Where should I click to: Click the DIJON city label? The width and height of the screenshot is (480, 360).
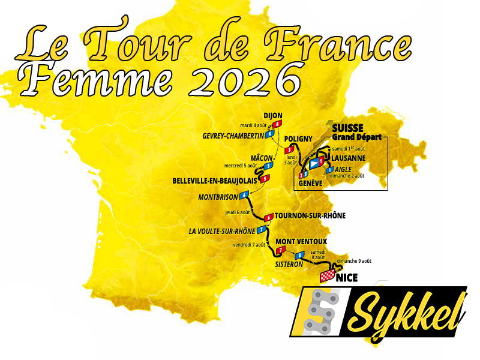click(272, 116)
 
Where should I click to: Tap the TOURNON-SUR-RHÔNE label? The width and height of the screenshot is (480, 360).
click(310, 216)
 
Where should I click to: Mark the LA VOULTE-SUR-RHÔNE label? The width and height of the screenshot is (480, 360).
click(221, 231)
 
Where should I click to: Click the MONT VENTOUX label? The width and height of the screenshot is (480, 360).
click(301, 241)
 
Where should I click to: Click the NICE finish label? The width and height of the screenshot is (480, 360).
click(347, 277)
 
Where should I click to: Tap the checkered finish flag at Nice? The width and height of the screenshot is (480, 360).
click(328, 276)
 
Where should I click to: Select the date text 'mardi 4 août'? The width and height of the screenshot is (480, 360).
click(254, 125)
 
